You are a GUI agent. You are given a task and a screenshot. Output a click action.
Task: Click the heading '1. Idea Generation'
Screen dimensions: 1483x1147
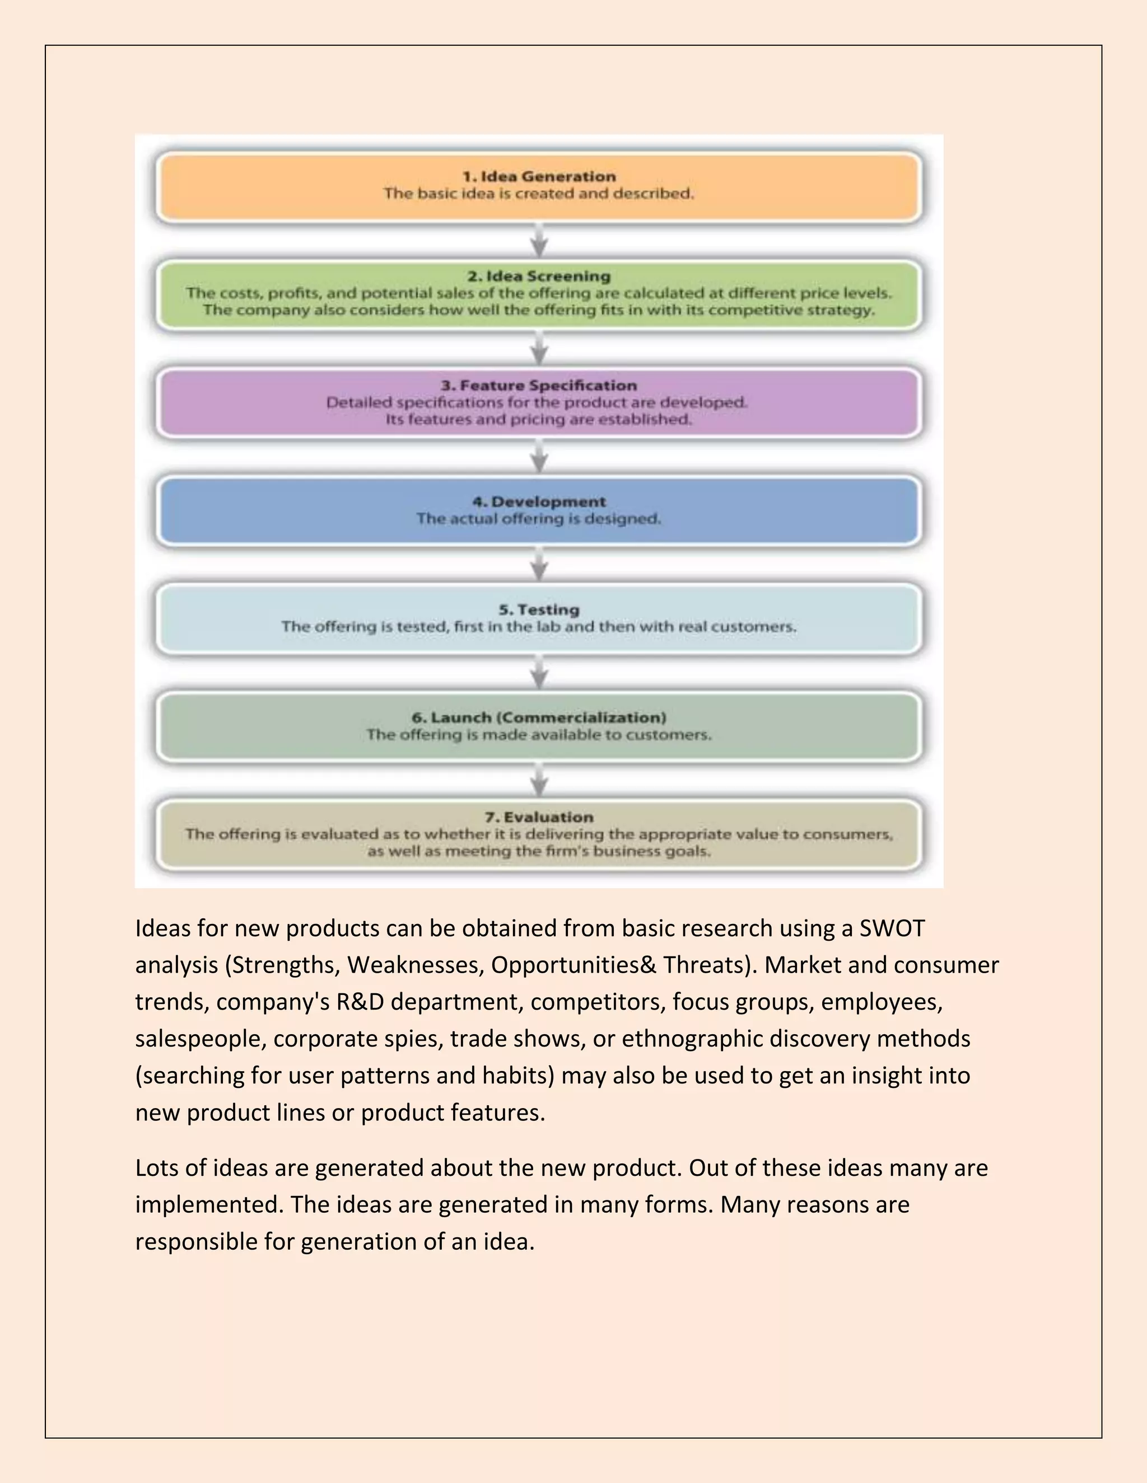[x=539, y=176]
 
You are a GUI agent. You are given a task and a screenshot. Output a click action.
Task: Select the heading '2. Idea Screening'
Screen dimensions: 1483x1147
[x=539, y=276]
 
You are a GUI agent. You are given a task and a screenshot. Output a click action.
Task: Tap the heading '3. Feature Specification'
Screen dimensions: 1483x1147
[x=539, y=386]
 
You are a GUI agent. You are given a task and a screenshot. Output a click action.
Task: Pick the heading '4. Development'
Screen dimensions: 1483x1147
[x=539, y=502]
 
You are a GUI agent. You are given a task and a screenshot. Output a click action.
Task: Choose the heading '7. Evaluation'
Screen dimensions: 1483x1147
[x=539, y=817]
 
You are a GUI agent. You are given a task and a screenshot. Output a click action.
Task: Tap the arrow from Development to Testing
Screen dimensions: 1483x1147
[x=539, y=565]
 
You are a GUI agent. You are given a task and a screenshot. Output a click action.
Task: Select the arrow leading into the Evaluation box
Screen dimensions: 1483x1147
[x=539, y=781]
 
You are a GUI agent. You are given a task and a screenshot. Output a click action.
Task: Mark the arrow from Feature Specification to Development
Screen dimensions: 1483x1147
[x=539, y=457]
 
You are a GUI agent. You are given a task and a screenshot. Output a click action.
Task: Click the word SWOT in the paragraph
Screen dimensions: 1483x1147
[x=892, y=928]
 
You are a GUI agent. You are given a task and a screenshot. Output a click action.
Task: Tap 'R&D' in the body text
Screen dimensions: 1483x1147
[x=360, y=1002]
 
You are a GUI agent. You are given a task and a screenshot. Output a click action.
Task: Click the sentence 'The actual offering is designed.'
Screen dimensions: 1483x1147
[x=539, y=519]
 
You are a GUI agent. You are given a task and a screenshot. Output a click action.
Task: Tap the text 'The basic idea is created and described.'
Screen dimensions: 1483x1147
[x=539, y=194]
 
